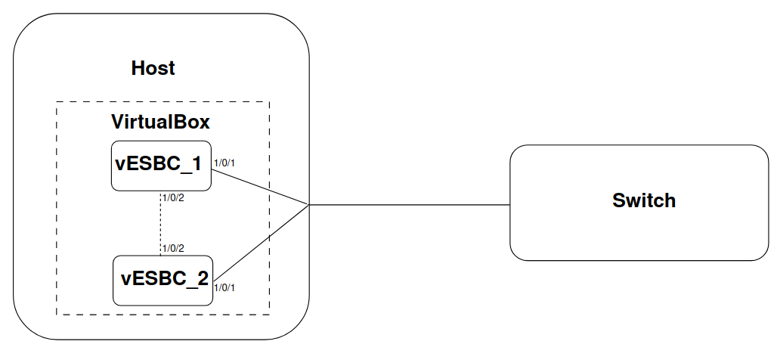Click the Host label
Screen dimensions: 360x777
tap(153, 68)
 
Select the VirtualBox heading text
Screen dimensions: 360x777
tap(160, 121)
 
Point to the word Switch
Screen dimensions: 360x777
tap(643, 201)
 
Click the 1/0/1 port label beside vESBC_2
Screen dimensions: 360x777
tap(224, 287)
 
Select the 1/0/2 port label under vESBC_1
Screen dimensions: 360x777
tap(173, 198)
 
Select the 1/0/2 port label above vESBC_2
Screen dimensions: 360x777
tap(173, 248)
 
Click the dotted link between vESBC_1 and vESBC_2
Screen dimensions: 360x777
tap(161, 223)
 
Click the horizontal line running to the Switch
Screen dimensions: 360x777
tap(408, 204)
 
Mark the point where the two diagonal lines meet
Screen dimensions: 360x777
tap(308, 204)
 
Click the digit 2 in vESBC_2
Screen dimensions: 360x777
tap(202, 278)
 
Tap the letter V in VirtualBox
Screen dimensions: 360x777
tap(118, 121)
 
